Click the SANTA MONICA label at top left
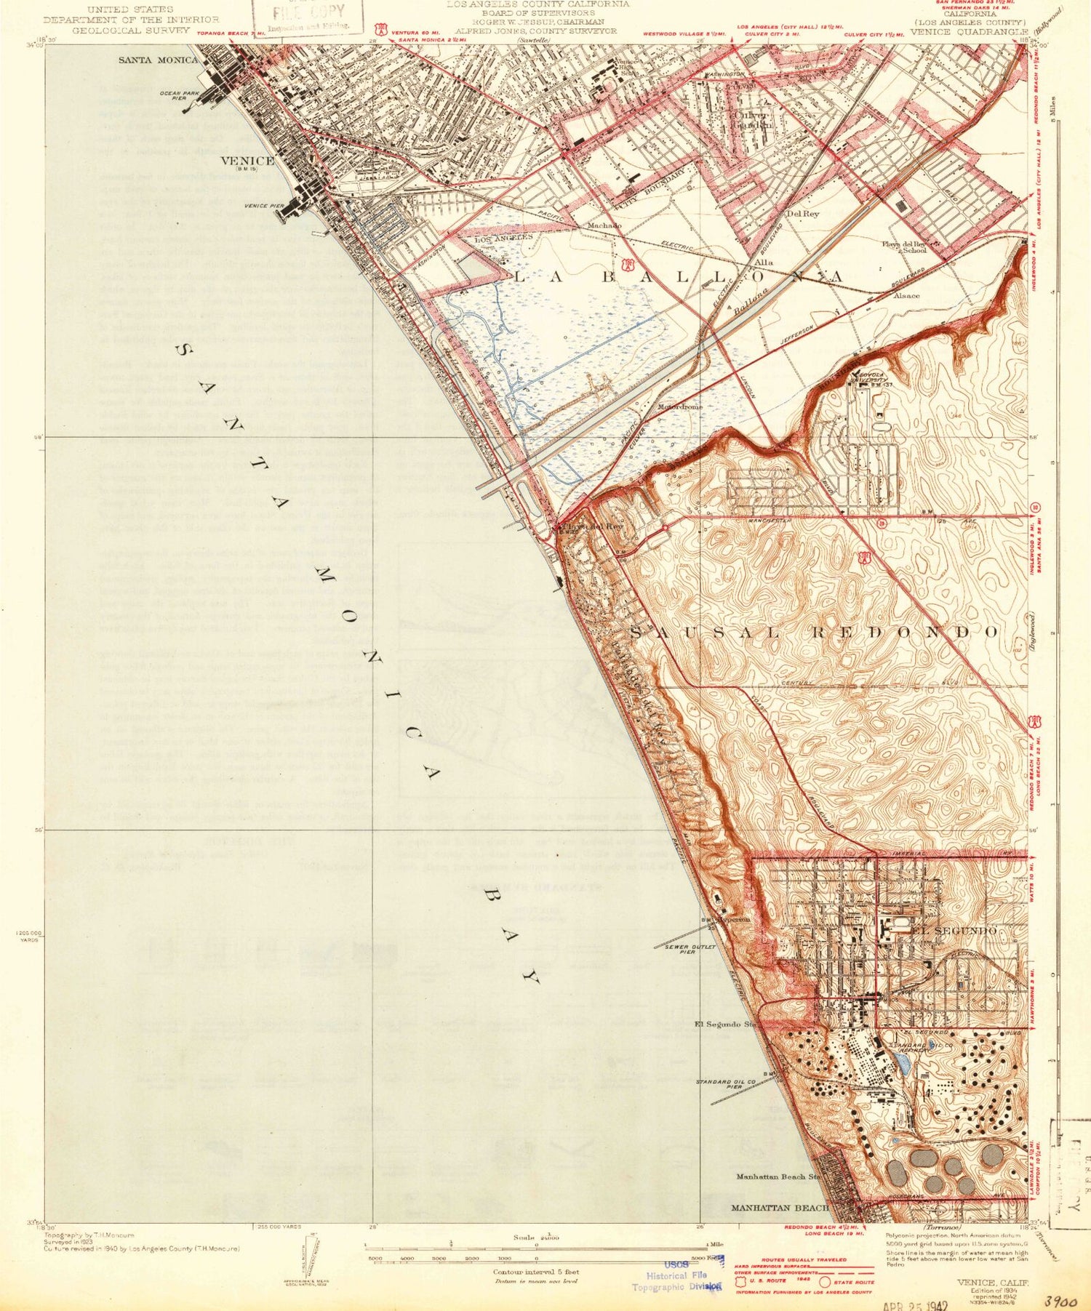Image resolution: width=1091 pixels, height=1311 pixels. pos(158,60)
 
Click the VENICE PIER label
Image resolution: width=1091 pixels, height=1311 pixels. pos(264,207)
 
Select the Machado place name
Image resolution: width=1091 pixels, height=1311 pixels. pos(604,226)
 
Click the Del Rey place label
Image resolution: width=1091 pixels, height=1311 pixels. pos(803,214)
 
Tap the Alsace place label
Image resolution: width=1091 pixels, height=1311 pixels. pos(906,296)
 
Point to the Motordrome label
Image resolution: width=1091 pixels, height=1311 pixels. pos(680,407)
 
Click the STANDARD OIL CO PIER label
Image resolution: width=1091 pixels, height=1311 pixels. pos(722,1084)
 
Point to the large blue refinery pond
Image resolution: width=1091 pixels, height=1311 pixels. pos(903,1067)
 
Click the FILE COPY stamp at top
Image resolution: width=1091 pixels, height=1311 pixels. pos(308,14)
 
